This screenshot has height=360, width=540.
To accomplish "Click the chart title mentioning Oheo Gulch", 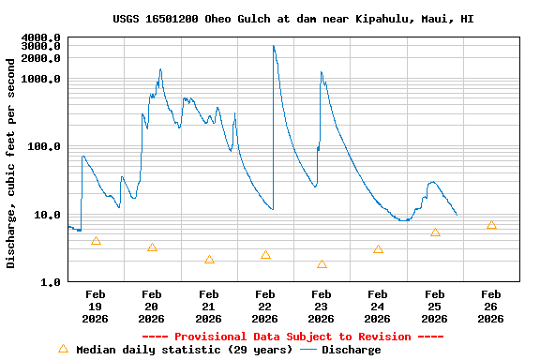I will tap(292, 19).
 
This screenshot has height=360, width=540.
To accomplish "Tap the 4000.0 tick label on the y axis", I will tap(41, 37).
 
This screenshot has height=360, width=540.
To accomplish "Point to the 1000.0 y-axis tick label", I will tap(41, 79).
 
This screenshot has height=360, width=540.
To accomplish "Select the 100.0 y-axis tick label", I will tap(44, 146).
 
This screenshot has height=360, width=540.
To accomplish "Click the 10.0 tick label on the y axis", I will tap(47, 215).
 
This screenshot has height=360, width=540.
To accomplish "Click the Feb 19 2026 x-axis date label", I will tap(96, 307).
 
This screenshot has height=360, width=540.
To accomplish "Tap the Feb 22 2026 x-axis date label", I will tap(265, 307).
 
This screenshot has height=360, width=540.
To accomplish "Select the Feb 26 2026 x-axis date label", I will tap(491, 307).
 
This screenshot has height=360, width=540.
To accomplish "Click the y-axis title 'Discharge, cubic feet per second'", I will tap(11, 162).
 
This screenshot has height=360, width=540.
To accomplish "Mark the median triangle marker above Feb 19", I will tap(96, 241).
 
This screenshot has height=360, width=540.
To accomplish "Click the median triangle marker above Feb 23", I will tap(322, 264).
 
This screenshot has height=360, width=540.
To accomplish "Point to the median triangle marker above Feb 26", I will tap(491, 225).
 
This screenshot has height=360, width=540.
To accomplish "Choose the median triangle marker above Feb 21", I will tap(209, 260).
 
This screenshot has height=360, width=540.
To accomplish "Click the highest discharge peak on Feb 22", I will tap(274, 46).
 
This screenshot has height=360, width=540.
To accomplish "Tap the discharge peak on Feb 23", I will tap(321, 72).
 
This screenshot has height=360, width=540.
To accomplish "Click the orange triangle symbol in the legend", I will tap(63, 349).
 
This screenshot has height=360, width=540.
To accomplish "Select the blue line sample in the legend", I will tap(308, 350).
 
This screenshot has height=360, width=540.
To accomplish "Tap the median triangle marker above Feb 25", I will tap(435, 232).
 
